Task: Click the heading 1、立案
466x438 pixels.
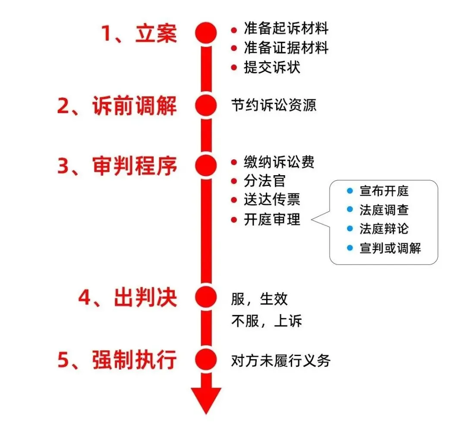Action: point(139,33)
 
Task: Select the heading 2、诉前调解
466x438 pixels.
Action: point(117,105)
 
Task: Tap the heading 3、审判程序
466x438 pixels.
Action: point(117,166)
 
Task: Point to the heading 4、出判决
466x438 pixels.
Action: point(128,297)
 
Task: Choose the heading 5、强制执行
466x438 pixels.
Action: point(117,360)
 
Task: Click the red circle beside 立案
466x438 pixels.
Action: point(206,33)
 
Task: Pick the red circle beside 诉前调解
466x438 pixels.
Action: point(206,105)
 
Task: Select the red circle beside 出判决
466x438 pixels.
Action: point(206,296)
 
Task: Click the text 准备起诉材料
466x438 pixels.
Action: point(286,29)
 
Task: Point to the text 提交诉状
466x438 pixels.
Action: point(272,67)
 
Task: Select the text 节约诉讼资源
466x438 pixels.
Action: point(274,105)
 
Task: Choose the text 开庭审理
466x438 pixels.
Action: point(272,220)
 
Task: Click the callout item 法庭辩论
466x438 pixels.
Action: point(384,229)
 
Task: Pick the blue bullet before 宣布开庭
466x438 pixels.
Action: point(350,190)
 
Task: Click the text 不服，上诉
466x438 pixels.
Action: point(266,321)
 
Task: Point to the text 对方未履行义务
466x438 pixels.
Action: point(280,360)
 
